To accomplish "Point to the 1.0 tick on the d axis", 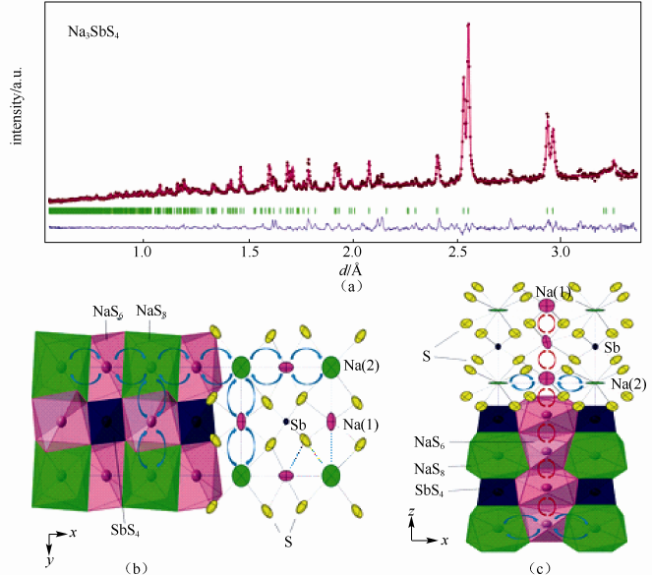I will tap(143, 251).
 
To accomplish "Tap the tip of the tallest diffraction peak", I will tap(467, 25).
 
